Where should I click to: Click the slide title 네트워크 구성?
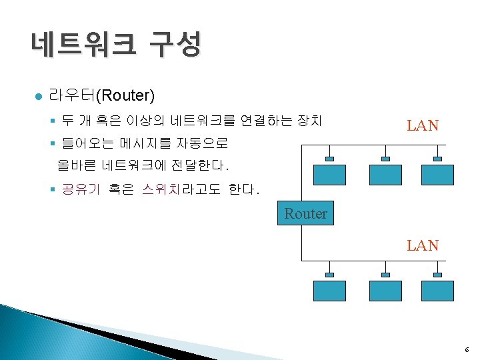point(115,45)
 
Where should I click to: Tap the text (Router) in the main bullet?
point(126,96)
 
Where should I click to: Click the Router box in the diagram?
point(305,213)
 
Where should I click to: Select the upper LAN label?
point(423,125)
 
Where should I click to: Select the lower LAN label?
point(423,245)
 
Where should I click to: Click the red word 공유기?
point(80,189)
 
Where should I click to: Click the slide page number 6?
point(467,349)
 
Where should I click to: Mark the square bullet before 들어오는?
point(52,142)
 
